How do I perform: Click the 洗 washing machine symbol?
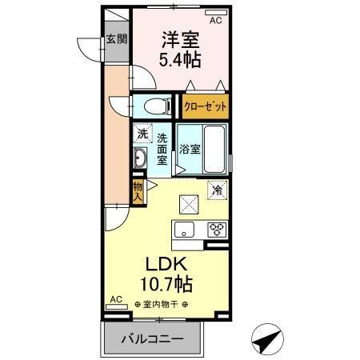(x=141, y=133)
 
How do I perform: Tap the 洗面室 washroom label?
(x=162, y=148)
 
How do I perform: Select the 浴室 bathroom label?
(x=189, y=149)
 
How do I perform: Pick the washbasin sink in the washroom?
(x=139, y=158)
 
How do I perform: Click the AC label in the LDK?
(x=116, y=299)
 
